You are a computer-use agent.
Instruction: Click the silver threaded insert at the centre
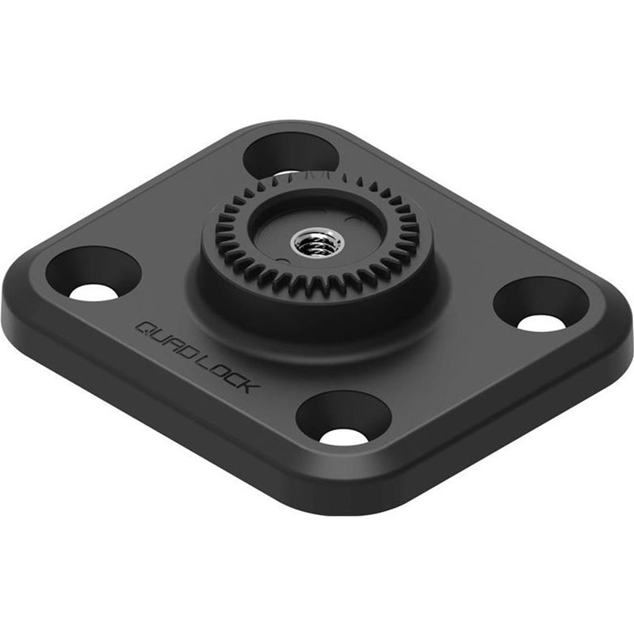[x=317, y=241]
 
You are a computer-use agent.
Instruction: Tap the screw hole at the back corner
[x=290, y=155]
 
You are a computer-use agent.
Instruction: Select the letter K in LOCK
[x=247, y=386]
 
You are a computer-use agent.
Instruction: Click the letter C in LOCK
[x=235, y=379]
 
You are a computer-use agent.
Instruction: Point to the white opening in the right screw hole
[x=541, y=323]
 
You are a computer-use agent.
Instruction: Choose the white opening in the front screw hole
[x=344, y=436]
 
